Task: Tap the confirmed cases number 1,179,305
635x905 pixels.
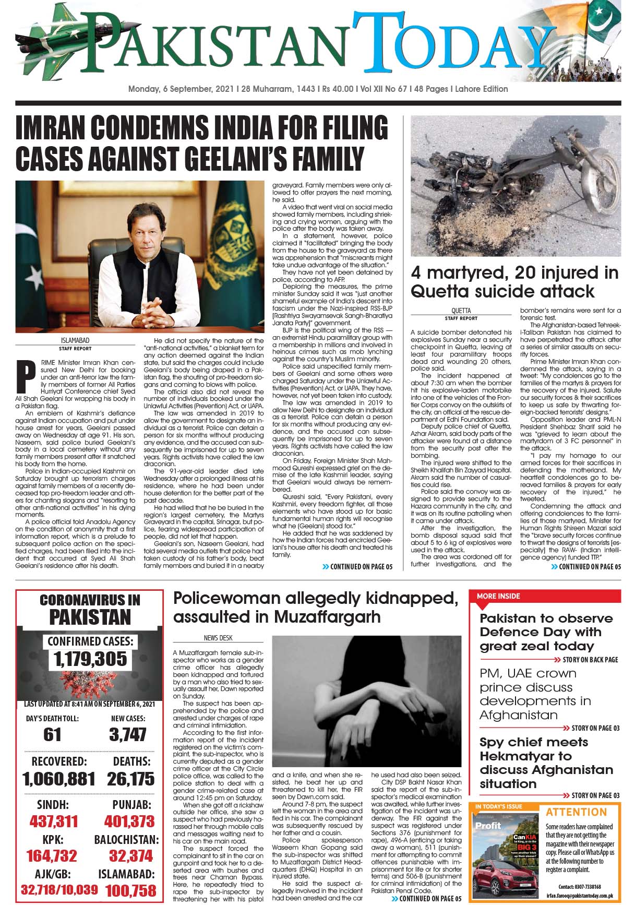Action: tap(90, 659)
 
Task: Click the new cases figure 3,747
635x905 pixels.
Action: tap(128, 734)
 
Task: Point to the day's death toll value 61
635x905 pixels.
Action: tap(52, 734)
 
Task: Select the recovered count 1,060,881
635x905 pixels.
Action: tap(59, 779)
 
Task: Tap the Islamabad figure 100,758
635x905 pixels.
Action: tap(130, 890)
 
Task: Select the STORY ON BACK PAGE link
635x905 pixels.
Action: tap(590, 660)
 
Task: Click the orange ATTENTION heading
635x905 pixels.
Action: tap(576, 812)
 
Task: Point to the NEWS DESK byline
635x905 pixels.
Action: tap(218, 638)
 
